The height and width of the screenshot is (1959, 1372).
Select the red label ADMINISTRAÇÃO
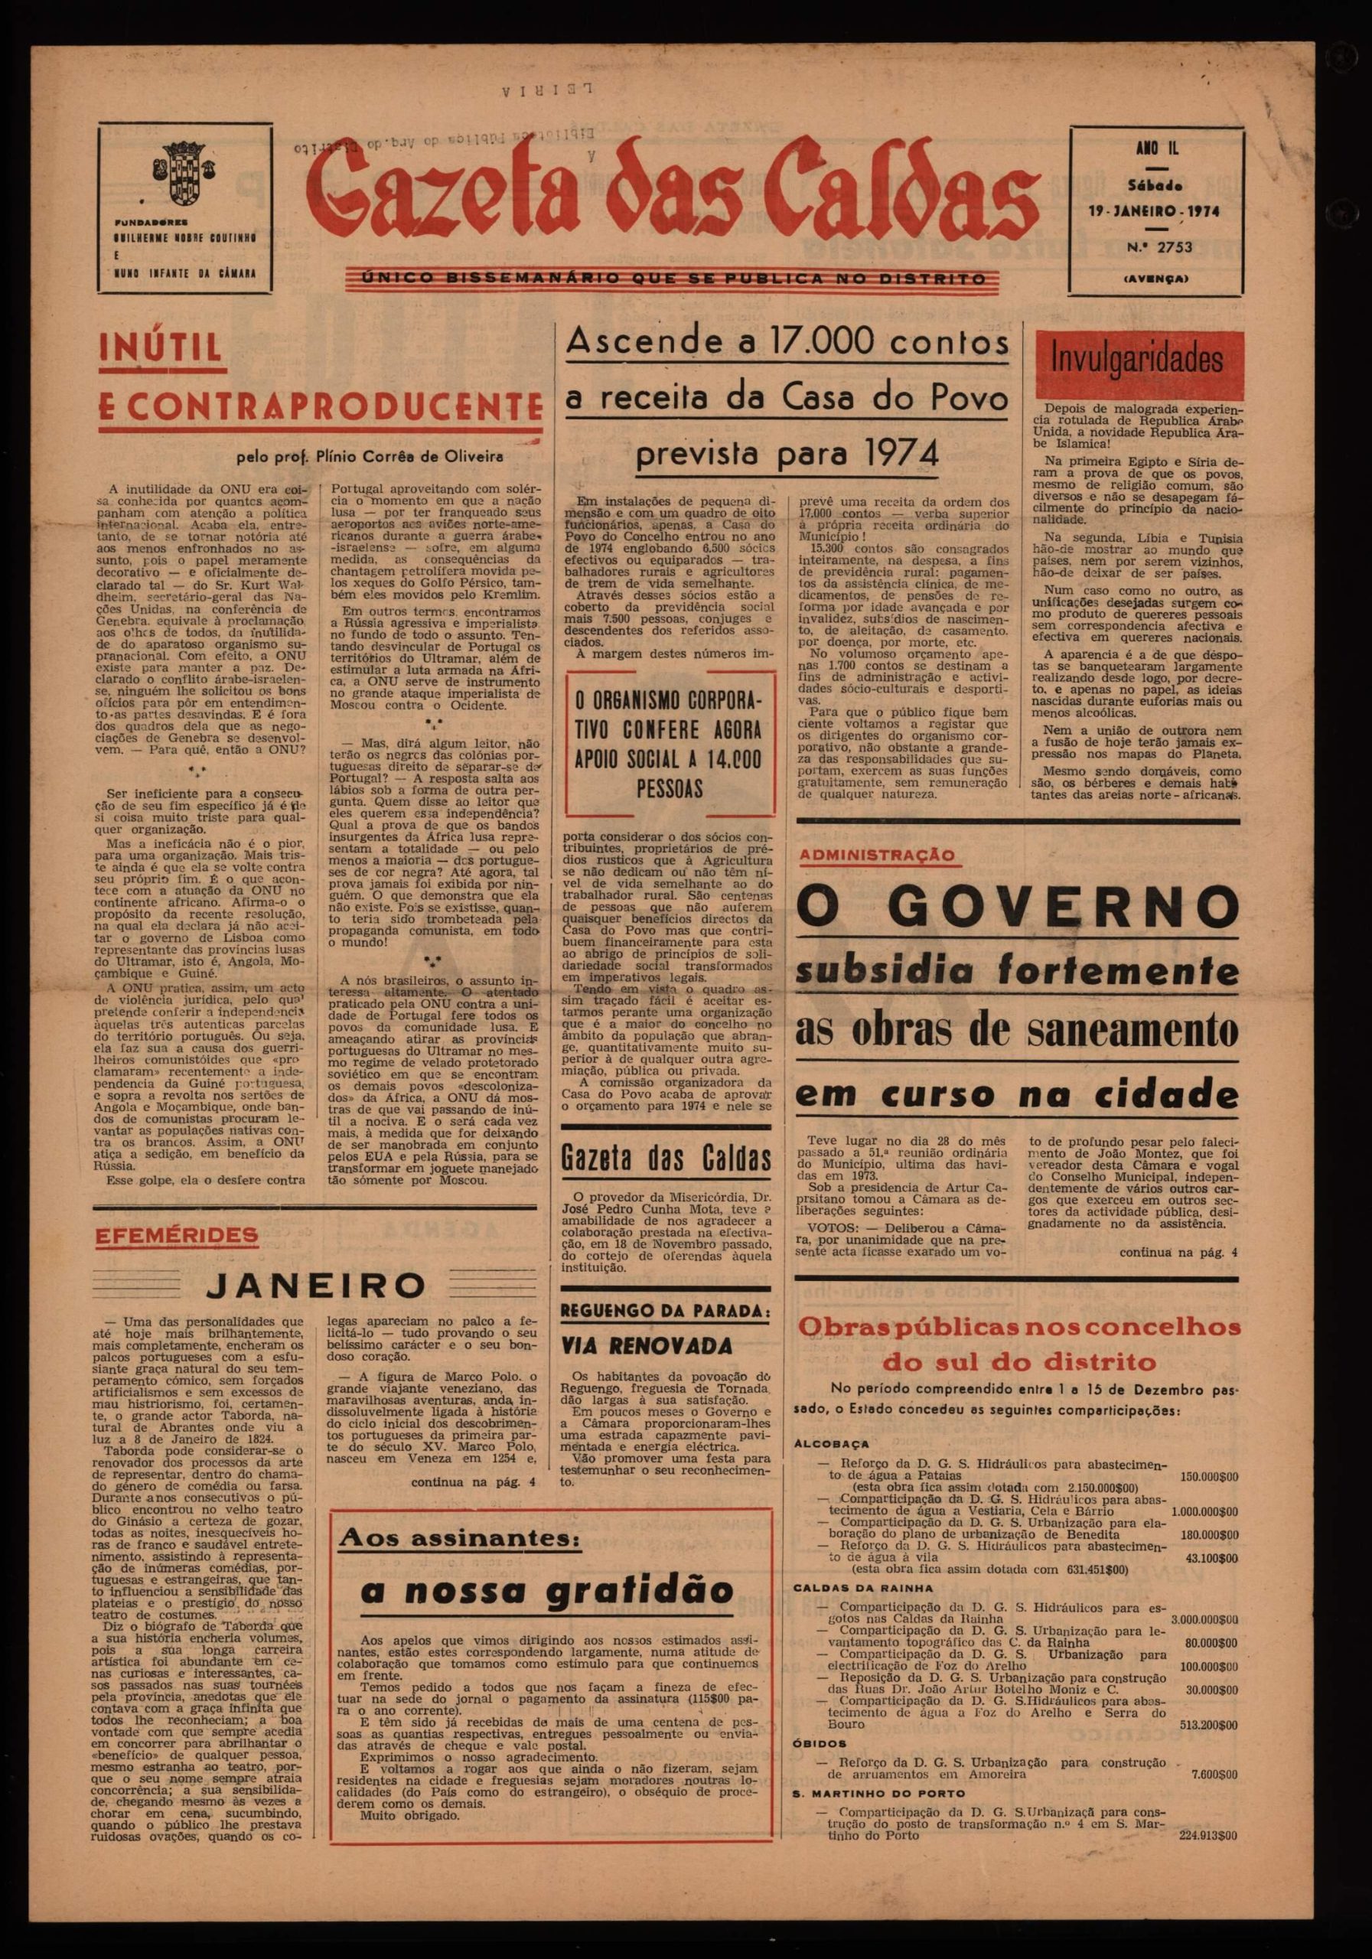click(x=875, y=853)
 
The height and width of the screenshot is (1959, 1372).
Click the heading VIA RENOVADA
click(x=647, y=1345)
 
